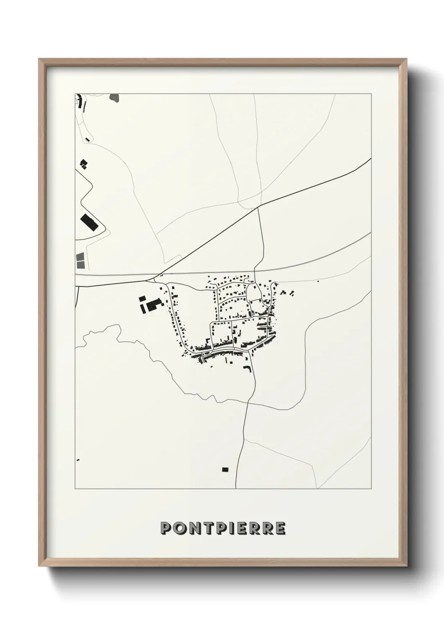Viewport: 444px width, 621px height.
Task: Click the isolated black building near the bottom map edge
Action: click(x=225, y=469)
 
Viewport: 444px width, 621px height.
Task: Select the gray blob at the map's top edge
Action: click(x=114, y=98)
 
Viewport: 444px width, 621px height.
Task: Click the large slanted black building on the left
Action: click(x=89, y=222)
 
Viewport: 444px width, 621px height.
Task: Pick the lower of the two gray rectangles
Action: click(x=80, y=264)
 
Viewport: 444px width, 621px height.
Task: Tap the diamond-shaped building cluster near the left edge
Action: click(x=84, y=164)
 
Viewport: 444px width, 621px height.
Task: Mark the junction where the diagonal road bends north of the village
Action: click(x=258, y=206)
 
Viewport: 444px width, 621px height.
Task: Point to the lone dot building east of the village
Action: click(x=318, y=281)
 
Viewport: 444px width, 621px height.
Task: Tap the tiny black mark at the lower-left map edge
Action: click(x=78, y=460)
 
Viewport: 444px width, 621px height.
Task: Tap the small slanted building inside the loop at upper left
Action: click(x=87, y=138)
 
